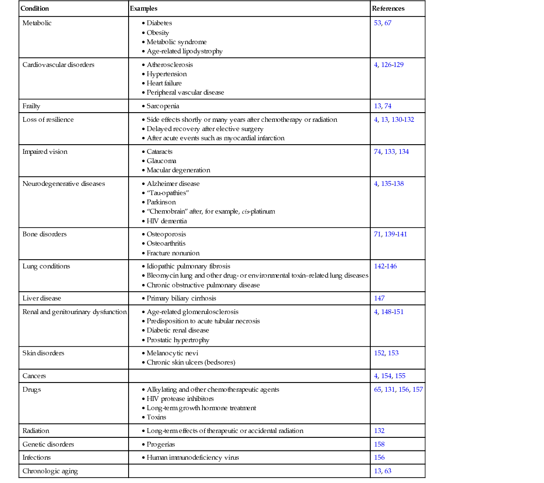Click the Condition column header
pyautogui.click(x=34, y=9)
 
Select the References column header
pyautogui.click(x=388, y=9)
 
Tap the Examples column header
pyautogui.click(x=144, y=9)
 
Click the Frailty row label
pyautogui.click(x=32, y=106)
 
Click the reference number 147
pyautogui.click(x=379, y=298)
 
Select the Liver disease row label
pyautogui.click(x=42, y=298)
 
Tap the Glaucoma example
pyautogui.click(x=161, y=161)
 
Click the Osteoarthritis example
pyautogui.click(x=166, y=243)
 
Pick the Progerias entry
pyautogui.click(x=161, y=444)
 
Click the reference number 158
pyautogui.click(x=379, y=444)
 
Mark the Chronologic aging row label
pyautogui.click(x=50, y=471)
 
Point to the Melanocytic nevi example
pyautogui.click(x=172, y=353)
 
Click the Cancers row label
pyautogui.click(x=34, y=376)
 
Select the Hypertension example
pyautogui.click(x=166, y=74)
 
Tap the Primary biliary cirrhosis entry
pyautogui.click(x=181, y=298)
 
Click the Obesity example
pyautogui.click(x=158, y=33)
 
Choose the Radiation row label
pyautogui.click(x=36, y=431)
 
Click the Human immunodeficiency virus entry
pyautogui.click(x=193, y=457)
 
